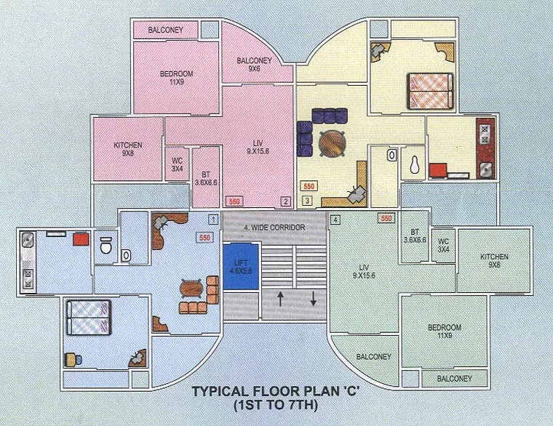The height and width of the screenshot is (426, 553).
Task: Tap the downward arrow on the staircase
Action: click(314, 298)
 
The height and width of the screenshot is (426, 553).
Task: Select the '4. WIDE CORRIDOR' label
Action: click(274, 228)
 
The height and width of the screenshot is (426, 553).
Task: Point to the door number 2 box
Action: click(286, 201)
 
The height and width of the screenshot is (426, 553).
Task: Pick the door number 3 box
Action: click(307, 201)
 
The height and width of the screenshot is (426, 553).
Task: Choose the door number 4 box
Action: click(335, 219)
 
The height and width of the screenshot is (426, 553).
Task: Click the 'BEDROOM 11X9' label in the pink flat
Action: click(176, 78)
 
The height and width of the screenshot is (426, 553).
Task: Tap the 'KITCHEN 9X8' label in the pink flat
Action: click(127, 149)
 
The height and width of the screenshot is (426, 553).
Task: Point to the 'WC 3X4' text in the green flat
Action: click(442, 245)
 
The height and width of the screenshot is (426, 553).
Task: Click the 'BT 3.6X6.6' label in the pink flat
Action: click(207, 178)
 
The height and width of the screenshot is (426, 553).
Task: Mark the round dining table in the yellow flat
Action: click(333, 142)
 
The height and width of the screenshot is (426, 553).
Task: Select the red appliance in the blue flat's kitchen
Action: click(80, 239)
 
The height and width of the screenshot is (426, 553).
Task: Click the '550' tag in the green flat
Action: click(386, 218)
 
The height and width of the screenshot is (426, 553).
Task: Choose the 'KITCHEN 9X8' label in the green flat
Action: click(494, 261)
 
